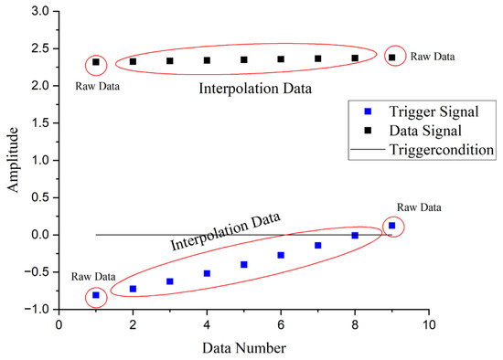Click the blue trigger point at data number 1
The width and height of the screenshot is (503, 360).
(96, 295)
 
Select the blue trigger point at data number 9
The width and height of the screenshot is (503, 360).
(392, 225)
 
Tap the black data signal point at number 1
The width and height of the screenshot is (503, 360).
(96, 63)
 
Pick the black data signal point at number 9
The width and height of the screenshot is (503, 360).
(392, 58)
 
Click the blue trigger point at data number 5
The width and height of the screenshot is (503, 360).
(244, 264)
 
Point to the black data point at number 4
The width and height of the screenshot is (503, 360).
(207, 60)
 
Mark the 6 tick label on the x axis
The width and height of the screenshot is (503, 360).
(281, 323)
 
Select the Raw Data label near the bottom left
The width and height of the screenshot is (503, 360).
(94, 276)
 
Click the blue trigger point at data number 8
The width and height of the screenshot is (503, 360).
(355, 236)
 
